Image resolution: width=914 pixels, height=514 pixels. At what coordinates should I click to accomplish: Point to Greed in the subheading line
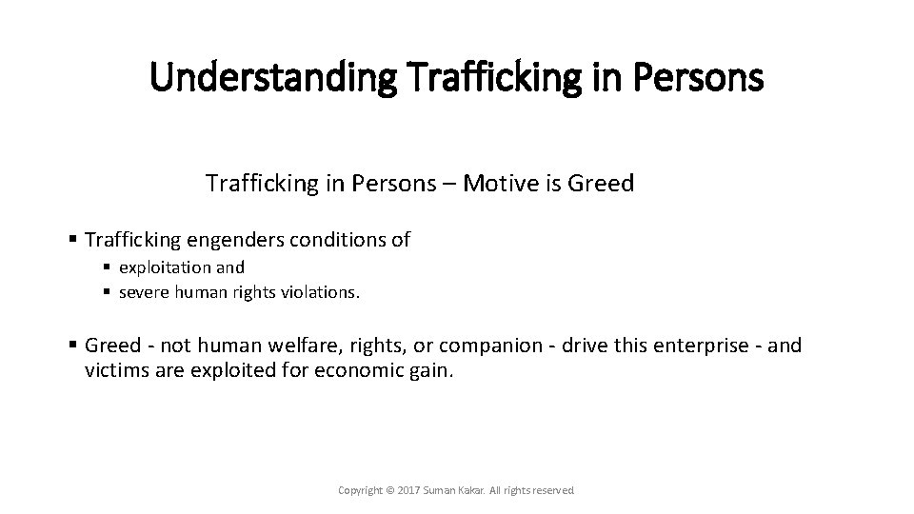point(601,183)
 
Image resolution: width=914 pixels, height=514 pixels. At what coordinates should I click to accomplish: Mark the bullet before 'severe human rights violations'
point(108,292)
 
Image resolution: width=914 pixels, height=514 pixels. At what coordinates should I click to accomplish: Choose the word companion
point(462,345)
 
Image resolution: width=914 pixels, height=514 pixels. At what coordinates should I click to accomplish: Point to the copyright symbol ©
point(387,490)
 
